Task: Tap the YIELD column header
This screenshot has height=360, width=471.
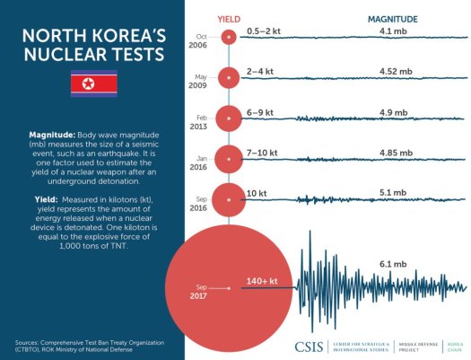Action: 229,18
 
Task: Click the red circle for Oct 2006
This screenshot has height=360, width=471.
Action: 229,37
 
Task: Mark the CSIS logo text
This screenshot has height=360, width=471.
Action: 311,346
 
